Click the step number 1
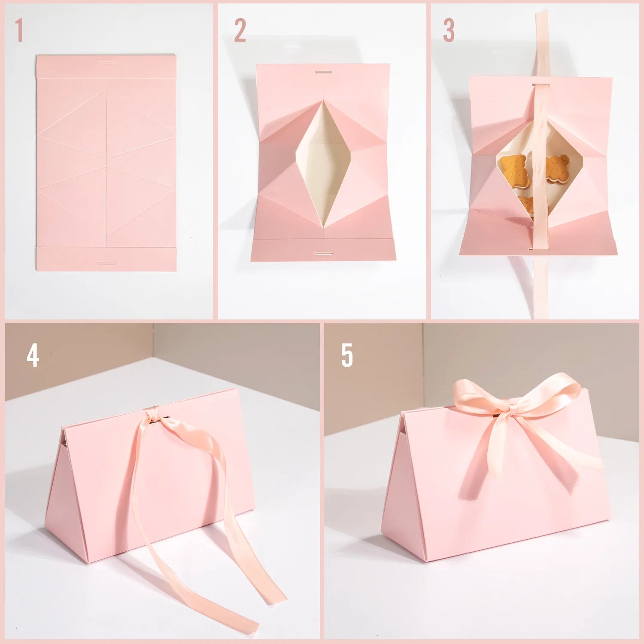(18, 30)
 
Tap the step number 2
(240, 30)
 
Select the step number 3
(449, 30)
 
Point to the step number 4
(33, 355)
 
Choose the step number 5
(347, 355)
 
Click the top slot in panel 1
(106, 63)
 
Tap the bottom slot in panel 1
(106, 263)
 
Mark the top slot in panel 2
(323, 72)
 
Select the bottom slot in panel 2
(323, 254)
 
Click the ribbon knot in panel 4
(152, 414)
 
